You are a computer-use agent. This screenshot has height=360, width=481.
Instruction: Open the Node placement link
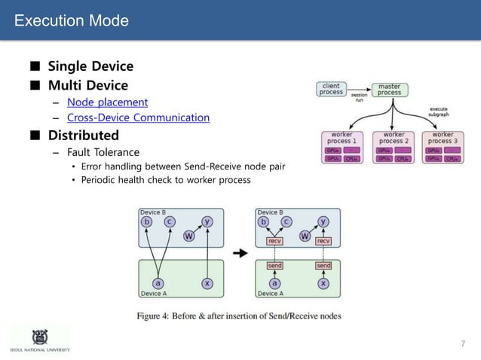coord(107,102)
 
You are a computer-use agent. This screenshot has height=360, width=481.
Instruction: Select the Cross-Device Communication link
coord(138,117)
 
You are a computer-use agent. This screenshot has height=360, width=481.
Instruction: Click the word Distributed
coord(84,136)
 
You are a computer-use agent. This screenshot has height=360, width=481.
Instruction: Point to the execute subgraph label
coord(438,113)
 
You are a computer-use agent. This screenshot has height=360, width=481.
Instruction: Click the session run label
coord(360,98)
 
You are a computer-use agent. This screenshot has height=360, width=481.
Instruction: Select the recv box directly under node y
coord(323,241)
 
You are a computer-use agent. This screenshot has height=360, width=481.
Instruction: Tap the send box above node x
coord(323,265)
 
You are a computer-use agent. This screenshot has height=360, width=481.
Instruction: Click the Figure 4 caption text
coord(238,316)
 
